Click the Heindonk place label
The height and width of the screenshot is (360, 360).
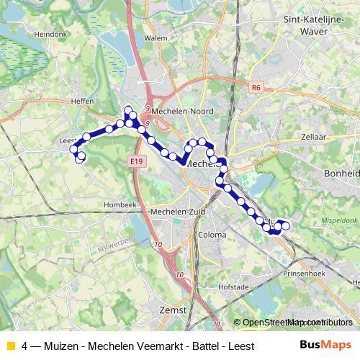pyautogui.click(x=50, y=33)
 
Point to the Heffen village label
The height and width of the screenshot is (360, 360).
pyautogui.click(x=83, y=102)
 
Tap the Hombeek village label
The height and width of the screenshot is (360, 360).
pyautogui.click(x=120, y=204)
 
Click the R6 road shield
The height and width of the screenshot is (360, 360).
pyautogui.click(x=256, y=87)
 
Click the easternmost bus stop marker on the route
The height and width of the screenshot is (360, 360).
pyautogui.click(x=286, y=226)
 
